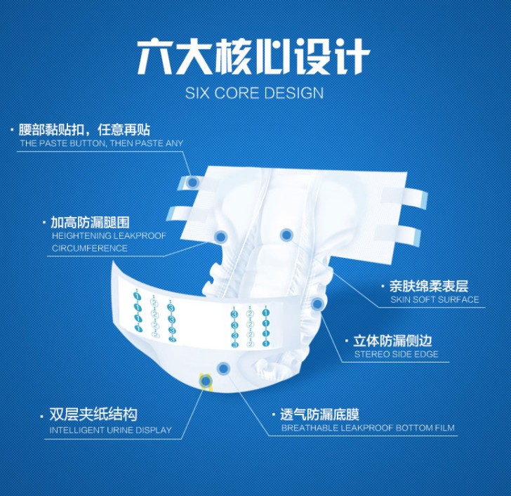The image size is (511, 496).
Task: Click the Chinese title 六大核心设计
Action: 253,57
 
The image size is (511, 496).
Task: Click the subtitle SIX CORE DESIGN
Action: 254,93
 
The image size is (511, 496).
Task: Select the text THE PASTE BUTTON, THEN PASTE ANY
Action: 101,143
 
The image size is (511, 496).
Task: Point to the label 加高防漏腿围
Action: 91,222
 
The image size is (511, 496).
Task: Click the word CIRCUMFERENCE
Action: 90,248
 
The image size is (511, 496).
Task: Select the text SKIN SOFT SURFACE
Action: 434,300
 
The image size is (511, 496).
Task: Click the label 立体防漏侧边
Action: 392,341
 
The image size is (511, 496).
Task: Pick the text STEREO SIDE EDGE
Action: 396,354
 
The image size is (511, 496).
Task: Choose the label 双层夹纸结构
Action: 93,415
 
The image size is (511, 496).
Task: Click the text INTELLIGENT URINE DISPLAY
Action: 110,430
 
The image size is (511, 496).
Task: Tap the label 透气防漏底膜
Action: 319,414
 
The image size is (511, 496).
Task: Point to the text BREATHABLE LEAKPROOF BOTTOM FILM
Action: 368,428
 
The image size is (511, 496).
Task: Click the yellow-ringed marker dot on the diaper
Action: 206,381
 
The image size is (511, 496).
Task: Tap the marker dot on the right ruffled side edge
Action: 317,304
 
